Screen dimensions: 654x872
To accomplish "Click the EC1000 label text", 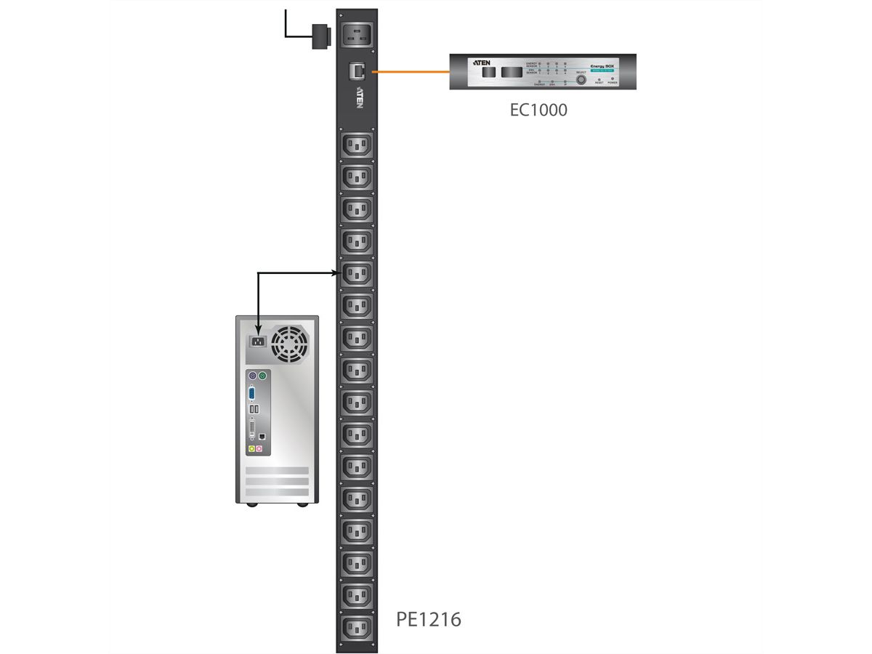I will coord(538,110).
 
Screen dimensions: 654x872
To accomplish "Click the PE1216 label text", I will coord(428,619).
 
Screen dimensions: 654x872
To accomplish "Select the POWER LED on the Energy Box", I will coord(613,78).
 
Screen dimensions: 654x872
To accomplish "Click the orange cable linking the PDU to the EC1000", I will coord(411,72).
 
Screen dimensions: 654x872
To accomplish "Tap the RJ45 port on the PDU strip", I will coord(358,70).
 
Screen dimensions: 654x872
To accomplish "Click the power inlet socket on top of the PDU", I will coord(358,33).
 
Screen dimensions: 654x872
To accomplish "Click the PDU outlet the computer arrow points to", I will coord(357,273).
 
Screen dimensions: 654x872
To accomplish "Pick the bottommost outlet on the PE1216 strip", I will coord(357,626).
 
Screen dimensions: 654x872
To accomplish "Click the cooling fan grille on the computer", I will coord(289,343).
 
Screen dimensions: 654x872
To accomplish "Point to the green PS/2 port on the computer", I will coord(263,377).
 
